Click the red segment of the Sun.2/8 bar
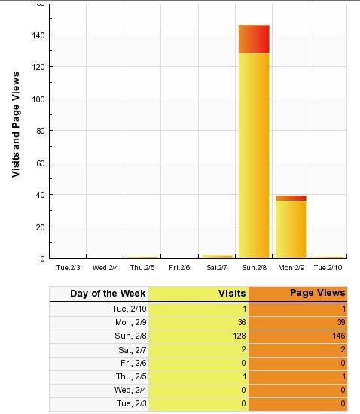254,39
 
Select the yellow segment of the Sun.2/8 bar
254,156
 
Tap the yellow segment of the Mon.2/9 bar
291,229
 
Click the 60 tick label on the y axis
41,163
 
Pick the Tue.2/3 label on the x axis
68,268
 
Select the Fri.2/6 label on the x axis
179,268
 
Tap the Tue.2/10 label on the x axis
328,268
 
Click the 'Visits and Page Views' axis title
16,124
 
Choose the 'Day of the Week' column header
108,294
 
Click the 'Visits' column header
232,294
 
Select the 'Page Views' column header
318,293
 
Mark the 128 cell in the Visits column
239,336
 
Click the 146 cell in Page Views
339,336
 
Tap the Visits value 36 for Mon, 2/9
242,322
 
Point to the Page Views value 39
341,322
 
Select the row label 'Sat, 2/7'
133,350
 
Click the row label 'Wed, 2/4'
130,390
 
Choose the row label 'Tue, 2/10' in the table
130,309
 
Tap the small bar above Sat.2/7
217,257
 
